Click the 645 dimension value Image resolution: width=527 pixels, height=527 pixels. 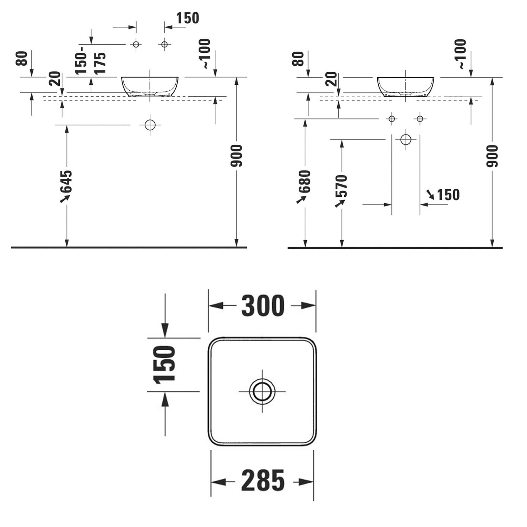(x=66, y=182)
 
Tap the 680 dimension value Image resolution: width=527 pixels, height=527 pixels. (x=305, y=182)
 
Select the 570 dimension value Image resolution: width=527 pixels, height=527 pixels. (x=341, y=186)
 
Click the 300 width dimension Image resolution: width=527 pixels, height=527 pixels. (x=263, y=306)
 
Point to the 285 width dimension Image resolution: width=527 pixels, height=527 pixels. (x=263, y=481)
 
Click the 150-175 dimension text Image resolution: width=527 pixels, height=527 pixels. (x=90, y=63)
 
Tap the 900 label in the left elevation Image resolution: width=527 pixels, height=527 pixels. (x=236, y=156)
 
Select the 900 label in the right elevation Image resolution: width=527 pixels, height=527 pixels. (x=492, y=156)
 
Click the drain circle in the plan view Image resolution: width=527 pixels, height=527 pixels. (x=262, y=391)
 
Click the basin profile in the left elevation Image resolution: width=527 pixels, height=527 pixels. (x=150, y=86)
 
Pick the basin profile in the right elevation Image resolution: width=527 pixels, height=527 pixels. (x=405, y=86)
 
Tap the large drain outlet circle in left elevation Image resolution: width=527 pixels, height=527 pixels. (x=150, y=125)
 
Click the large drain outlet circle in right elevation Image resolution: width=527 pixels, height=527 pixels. (x=406, y=140)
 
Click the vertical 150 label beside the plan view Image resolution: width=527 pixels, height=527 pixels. (x=164, y=364)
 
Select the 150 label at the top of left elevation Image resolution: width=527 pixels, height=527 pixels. (x=187, y=18)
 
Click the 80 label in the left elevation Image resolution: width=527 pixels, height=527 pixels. (x=21, y=58)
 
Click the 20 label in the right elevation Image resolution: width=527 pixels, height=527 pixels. (x=331, y=79)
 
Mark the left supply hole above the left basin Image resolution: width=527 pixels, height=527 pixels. (x=136, y=44)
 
